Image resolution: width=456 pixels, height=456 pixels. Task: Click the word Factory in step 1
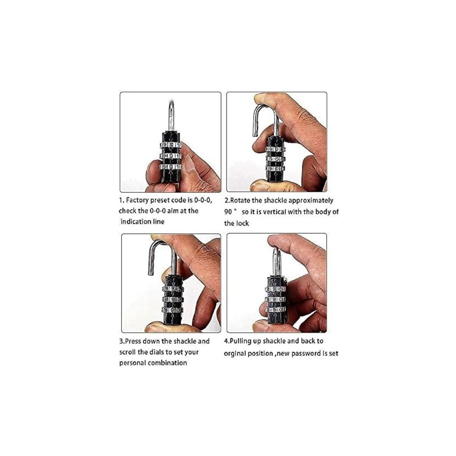[137, 201]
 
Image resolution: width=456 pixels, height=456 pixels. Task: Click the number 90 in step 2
[228, 212]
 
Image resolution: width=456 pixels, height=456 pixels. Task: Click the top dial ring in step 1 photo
[171, 145]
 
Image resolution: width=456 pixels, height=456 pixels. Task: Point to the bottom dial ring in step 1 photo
[171, 167]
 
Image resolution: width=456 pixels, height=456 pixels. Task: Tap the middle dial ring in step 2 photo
[275, 159]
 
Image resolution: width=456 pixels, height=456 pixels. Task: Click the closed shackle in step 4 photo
[276, 261]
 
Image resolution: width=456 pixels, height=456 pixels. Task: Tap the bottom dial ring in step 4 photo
[275, 310]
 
